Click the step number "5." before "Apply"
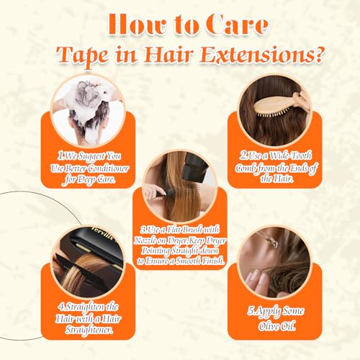(251, 312)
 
